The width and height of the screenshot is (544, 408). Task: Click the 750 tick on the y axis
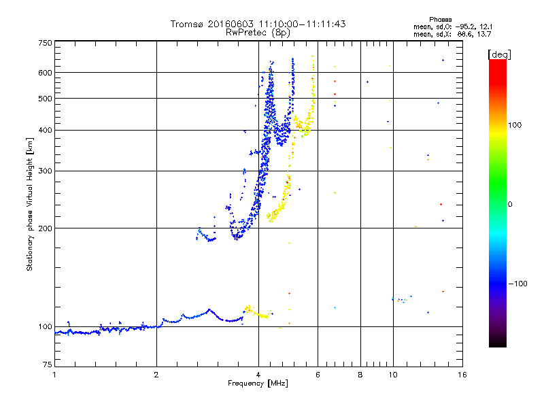click(45, 43)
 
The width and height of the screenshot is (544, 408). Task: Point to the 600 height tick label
click(45, 73)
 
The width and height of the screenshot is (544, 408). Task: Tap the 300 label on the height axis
click(45, 171)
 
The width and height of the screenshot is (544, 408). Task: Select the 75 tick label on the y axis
click(47, 367)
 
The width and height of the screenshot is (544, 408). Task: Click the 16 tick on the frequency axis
click(462, 375)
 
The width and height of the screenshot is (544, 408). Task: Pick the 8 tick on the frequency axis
click(360, 375)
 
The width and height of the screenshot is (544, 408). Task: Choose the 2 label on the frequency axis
click(156, 375)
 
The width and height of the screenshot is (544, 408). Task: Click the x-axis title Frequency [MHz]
click(258, 384)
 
